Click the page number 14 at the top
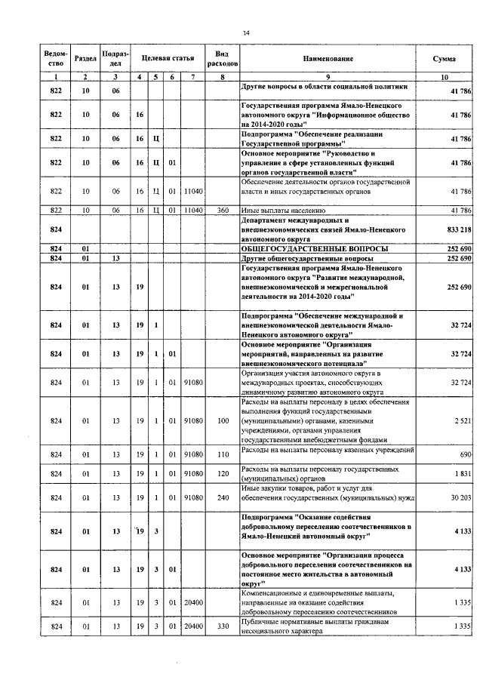[x=246, y=32]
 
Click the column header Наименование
[x=328, y=58]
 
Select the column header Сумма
[x=443, y=58]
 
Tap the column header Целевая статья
[x=167, y=58]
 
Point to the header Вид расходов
[x=222, y=59]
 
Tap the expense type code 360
[x=222, y=210]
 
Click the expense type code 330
[x=222, y=626]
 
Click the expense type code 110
[x=222, y=454]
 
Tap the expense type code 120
[x=222, y=473]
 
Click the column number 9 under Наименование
[x=328, y=78]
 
